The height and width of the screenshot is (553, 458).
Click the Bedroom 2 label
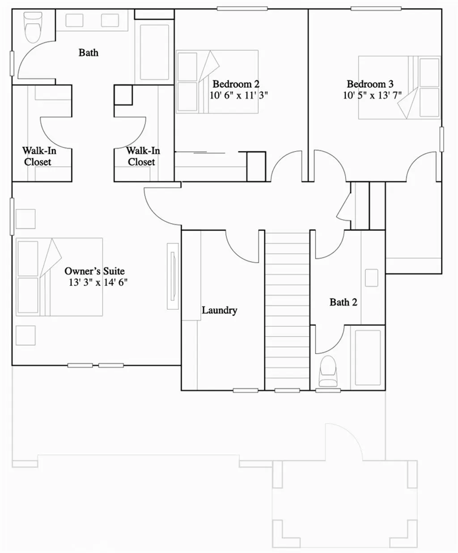236,84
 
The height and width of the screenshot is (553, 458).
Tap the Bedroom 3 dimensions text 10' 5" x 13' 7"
372,95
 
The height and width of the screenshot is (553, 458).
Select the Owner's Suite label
94,271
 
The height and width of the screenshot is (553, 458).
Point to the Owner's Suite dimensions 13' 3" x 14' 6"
98,282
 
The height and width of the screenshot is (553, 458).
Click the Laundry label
219,310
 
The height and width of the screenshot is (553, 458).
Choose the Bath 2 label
343,302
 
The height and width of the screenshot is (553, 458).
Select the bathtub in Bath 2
368,357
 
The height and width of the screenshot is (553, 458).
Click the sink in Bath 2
371,278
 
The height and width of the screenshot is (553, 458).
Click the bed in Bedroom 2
217,81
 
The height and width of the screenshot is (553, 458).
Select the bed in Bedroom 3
399,87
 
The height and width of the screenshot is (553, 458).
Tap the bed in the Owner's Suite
59,277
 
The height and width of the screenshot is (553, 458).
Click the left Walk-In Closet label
39,156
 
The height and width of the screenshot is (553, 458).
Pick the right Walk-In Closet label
142,156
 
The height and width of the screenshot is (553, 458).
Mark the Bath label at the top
88,53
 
